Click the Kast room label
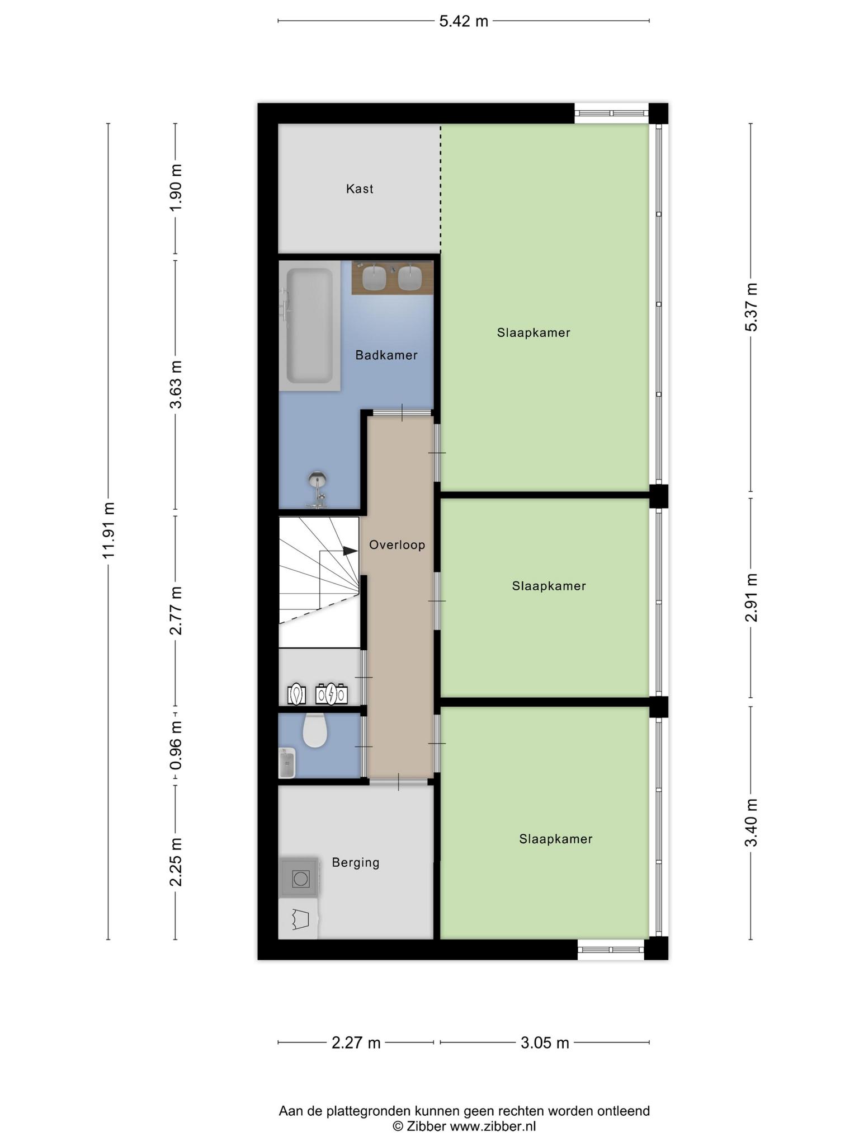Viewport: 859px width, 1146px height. [x=360, y=189]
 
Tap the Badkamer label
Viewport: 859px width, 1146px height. [x=386, y=355]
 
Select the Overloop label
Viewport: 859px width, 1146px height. [x=397, y=544]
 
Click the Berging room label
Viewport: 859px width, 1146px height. [x=356, y=862]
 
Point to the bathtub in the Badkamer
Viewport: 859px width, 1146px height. [x=310, y=326]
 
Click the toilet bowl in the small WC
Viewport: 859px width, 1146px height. [x=315, y=731]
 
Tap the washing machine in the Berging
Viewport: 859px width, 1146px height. [x=299, y=878]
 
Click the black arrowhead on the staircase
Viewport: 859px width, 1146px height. [x=350, y=551]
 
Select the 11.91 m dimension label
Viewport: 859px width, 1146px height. [x=108, y=530]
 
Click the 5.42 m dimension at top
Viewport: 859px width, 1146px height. [x=464, y=21]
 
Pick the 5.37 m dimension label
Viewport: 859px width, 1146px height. [x=751, y=307]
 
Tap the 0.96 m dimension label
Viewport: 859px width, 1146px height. [x=176, y=746]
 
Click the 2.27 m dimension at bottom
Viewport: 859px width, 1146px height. [x=356, y=1042]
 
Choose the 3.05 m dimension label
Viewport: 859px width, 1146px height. [x=545, y=1042]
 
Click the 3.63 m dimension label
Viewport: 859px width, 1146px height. [x=176, y=384]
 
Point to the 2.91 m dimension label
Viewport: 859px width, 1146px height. [x=751, y=598]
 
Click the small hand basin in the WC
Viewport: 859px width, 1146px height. [x=287, y=763]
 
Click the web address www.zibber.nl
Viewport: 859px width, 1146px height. [x=493, y=1126]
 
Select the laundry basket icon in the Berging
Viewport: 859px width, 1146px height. [x=299, y=920]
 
